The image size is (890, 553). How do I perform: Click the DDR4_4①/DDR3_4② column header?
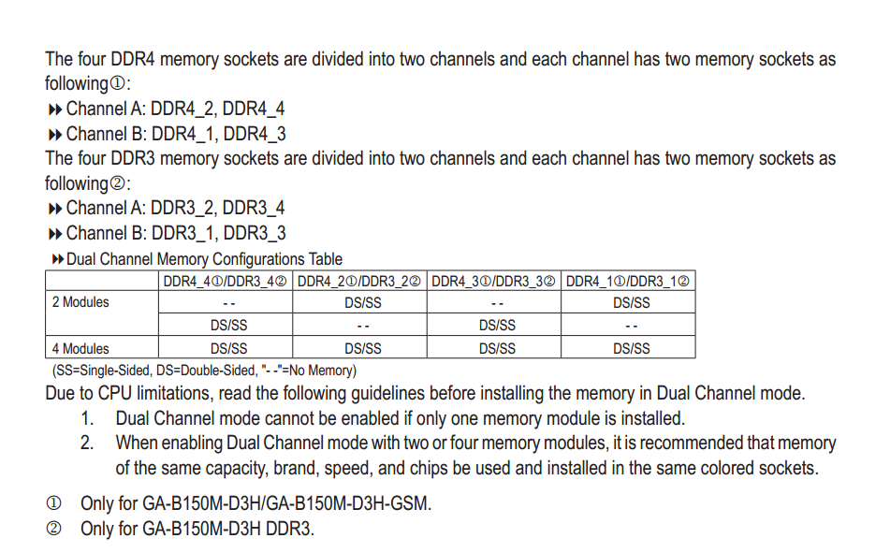point(225,281)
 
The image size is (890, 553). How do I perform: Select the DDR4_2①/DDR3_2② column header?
point(359,281)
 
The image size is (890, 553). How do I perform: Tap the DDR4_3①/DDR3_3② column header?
point(494,281)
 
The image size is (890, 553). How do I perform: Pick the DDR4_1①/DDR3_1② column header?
point(629,281)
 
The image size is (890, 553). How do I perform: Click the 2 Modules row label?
point(80,302)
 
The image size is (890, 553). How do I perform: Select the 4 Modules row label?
point(80,348)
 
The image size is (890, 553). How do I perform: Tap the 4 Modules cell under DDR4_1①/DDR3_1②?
point(631,348)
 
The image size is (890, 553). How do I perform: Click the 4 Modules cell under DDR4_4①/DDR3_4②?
point(228,348)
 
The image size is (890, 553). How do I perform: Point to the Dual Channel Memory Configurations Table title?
point(204,259)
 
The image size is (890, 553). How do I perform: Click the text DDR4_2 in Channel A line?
point(182,109)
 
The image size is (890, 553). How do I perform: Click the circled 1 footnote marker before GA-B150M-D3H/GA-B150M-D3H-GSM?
point(53,503)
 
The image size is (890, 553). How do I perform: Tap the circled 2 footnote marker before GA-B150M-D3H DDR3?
point(53,529)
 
